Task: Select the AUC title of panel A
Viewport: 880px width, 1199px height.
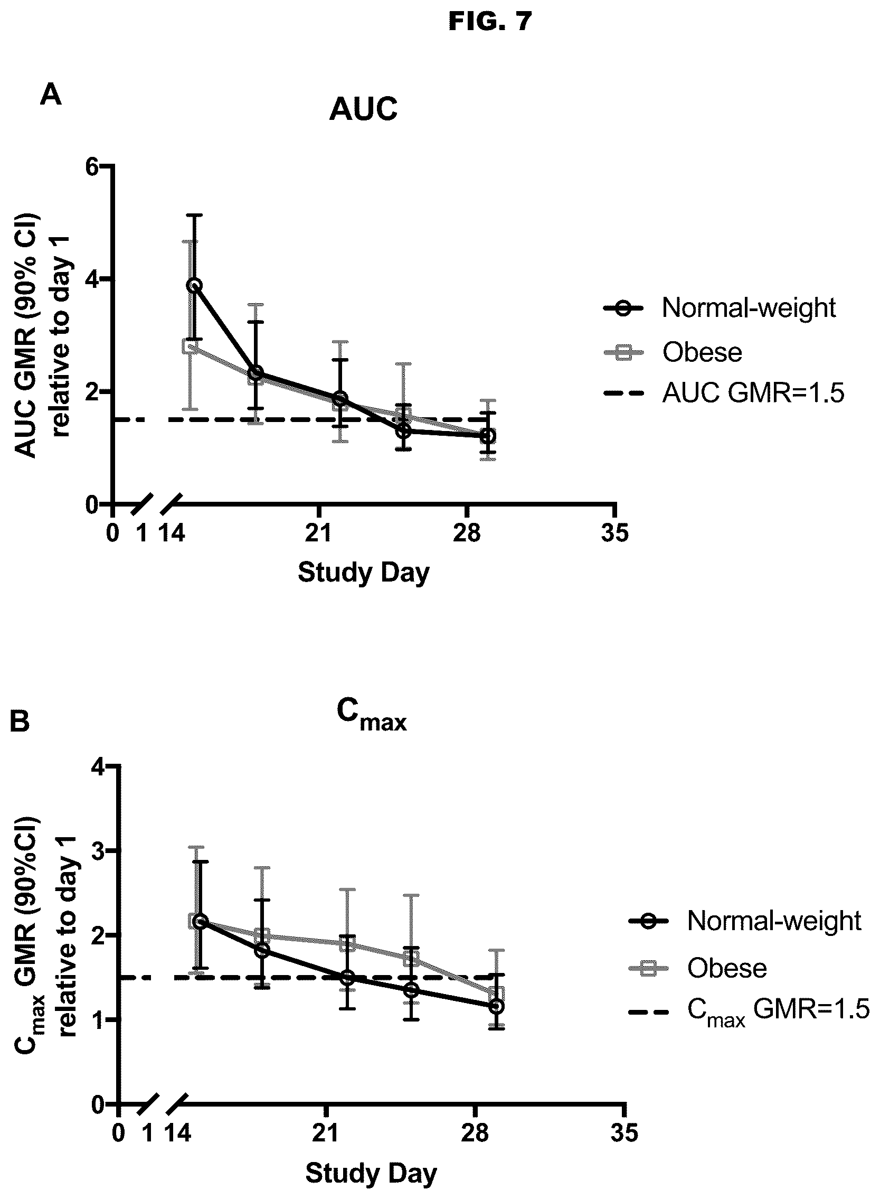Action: (x=363, y=110)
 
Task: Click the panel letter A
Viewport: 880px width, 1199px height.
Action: (x=51, y=96)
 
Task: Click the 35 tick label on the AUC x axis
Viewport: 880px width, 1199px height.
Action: (x=614, y=533)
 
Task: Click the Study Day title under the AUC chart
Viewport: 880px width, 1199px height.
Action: (x=364, y=573)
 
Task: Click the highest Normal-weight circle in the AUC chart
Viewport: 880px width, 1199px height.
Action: (x=194, y=285)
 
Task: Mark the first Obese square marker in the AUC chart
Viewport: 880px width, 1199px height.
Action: (x=190, y=346)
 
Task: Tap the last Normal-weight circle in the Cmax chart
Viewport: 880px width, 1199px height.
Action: (x=496, y=1006)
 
